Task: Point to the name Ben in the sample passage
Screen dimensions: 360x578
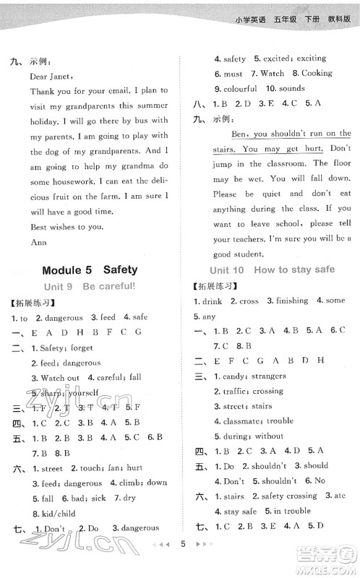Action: pyautogui.click(x=239, y=134)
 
